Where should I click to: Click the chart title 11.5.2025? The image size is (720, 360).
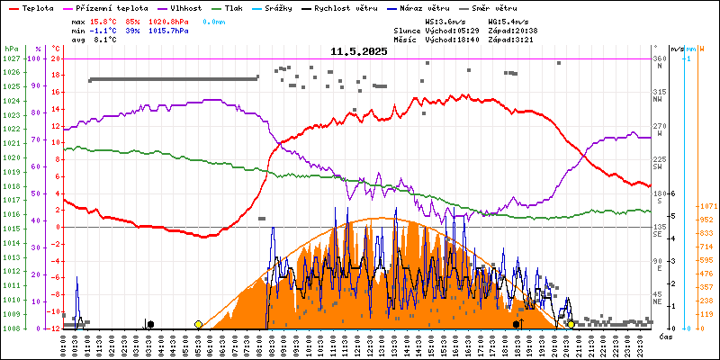click(x=359, y=51)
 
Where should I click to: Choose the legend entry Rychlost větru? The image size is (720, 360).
click(x=346, y=7)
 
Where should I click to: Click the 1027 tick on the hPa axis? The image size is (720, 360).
click(x=11, y=58)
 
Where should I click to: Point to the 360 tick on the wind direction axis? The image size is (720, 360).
click(x=659, y=58)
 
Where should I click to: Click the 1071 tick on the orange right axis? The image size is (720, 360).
click(x=706, y=207)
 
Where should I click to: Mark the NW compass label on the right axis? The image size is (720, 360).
click(x=658, y=100)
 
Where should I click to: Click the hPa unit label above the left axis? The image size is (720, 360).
click(x=11, y=49)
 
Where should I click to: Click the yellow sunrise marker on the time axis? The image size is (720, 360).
click(x=198, y=324)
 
